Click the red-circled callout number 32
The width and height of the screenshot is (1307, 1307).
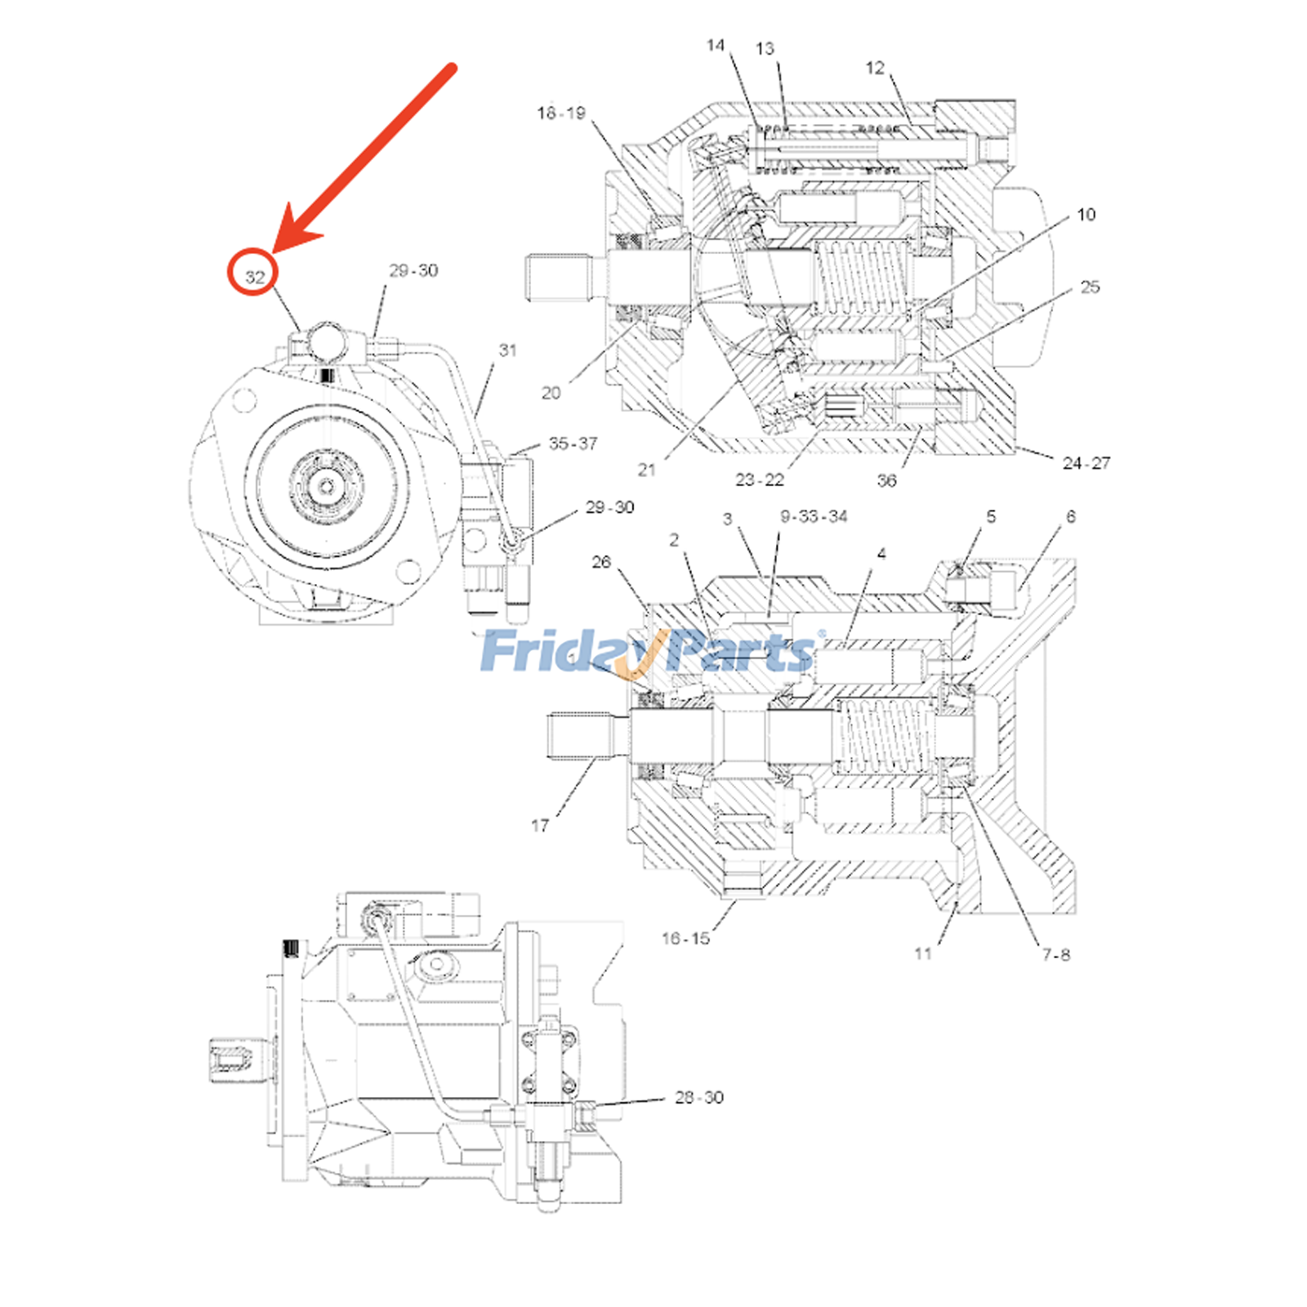pyautogui.click(x=255, y=277)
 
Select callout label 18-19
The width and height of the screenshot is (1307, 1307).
pyautogui.click(x=561, y=113)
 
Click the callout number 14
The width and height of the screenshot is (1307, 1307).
pyautogui.click(x=716, y=45)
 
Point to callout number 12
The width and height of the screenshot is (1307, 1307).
pyautogui.click(x=875, y=68)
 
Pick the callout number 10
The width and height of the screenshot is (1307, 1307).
pyautogui.click(x=1086, y=214)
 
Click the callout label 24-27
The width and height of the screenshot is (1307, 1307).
pyautogui.click(x=1086, y=463)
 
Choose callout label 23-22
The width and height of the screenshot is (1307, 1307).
pyautogui.click(x=760, y=480)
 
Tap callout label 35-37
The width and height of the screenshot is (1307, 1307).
pyautogui.click(x=573, y=444)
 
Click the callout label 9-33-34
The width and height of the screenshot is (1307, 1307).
pyautogui.click(x=814, y=516)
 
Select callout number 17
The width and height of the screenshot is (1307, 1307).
pyautogui.click(x=540, y=825)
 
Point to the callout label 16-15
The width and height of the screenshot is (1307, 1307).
pyautogui.click(x=685, y=939)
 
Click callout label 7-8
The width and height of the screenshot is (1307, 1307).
pyautogui.click(x=1056, y=954)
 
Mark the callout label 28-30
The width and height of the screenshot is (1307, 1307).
pyautogui.click(x=699, y=1097)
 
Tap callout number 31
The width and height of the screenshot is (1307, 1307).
pyautogui.click(x=508, y=350)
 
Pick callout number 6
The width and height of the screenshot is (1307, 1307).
pyautogui.click(x=1071, y=516)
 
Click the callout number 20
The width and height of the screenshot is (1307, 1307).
pyautogui.click(x=551, y=393)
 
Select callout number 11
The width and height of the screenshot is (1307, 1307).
pyautogui.click(x=923, y=953)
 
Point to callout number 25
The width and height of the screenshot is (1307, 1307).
pyautogui.click(x=1090, y=287)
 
